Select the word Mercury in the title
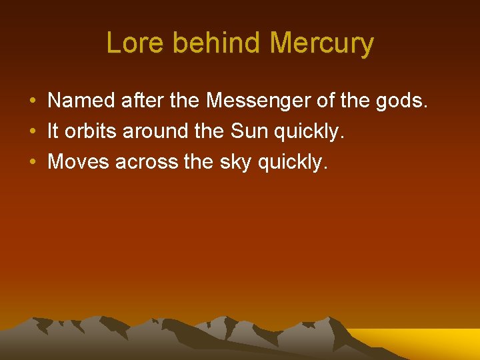click(x=322, y=44)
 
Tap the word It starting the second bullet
click(x=53, y=131)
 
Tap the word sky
click(x=234, y=162)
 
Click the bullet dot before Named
click(x=32, y=101)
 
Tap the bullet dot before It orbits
click(x=32, y=132)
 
